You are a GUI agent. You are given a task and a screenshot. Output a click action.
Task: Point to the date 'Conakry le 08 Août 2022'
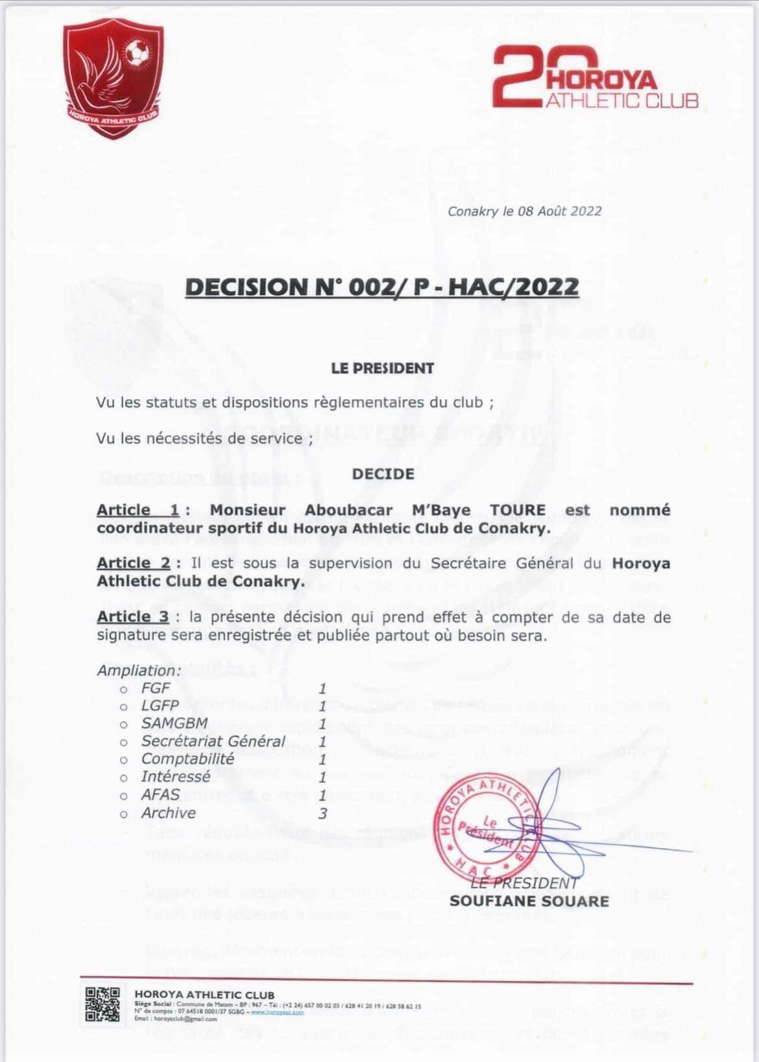coord(524,211)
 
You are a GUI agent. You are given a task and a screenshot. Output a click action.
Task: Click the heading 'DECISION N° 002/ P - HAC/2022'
coord(381,286)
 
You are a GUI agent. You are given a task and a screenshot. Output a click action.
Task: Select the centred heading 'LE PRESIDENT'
coord(383,368)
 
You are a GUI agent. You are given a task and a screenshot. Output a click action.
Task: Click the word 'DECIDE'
coord(383,474)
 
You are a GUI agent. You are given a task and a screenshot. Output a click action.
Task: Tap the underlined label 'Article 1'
coord(138,510)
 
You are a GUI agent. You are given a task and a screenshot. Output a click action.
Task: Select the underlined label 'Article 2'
coord(134,563)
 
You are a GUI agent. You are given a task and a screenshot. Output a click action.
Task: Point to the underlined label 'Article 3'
coord(133,617)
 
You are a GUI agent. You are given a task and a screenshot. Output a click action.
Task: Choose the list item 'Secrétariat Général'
coord(213,741)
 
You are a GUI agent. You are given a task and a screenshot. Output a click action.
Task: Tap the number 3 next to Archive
coord(323,812)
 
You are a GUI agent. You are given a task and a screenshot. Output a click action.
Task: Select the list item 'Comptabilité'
coord(187,759)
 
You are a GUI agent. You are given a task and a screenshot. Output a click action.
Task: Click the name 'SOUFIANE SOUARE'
coord(529,901)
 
